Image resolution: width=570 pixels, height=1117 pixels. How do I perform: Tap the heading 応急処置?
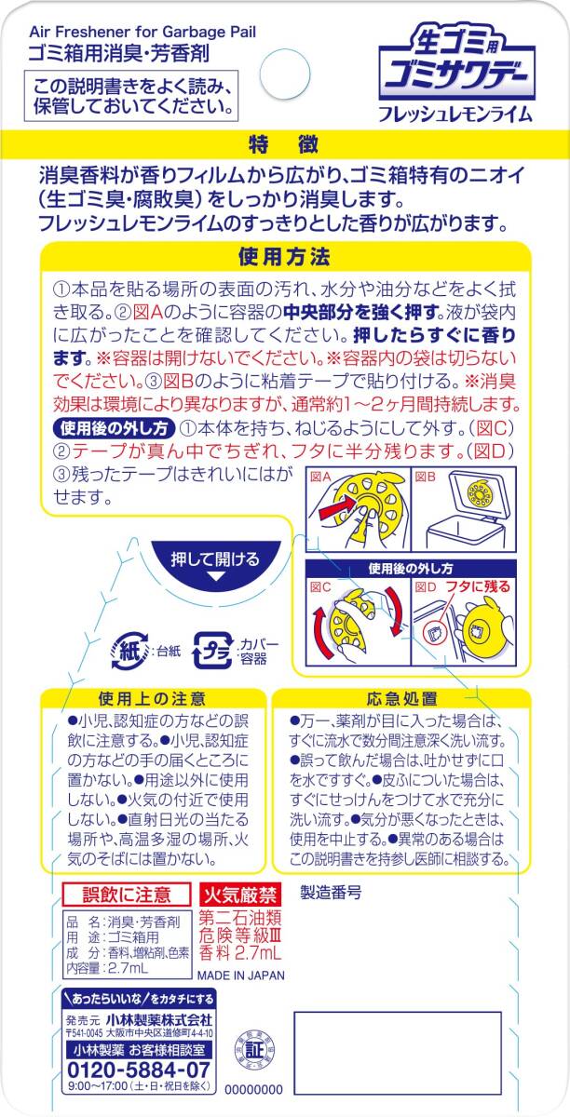pyautogui.click(x=390, y=697)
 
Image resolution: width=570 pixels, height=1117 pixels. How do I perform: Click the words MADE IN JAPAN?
pyautogui.click(x=239, y=975)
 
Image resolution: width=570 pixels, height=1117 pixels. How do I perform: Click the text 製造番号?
pyautogui.click(x=330, y=891)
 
